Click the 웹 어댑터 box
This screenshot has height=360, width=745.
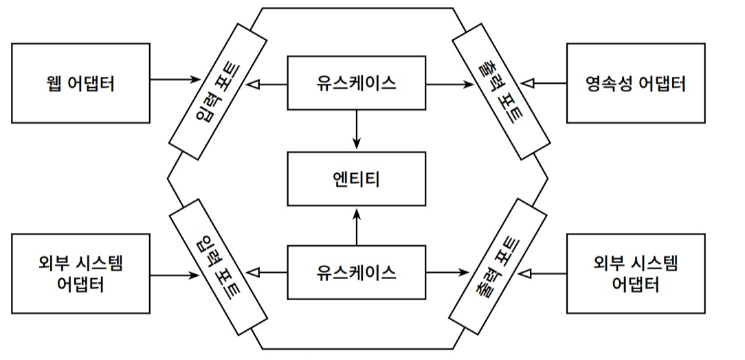[x=81, y=83]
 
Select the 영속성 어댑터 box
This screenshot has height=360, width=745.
[x=636, y=83]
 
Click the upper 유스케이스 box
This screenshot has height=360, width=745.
[x=356, y=83]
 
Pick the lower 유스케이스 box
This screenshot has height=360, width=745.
[x=356, y=272]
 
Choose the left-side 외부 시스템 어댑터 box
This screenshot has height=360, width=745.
[x=81, y=273]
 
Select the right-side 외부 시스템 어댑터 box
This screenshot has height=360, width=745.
[x=636, y=273]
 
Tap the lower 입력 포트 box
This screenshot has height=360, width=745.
[x=218, y=269]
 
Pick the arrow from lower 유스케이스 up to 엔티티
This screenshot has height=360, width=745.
[x=356, y=226]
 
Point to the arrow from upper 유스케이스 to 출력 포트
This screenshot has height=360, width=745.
[x=447, y=84]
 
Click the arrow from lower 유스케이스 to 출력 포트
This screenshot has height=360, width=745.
[x=447, y=272]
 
